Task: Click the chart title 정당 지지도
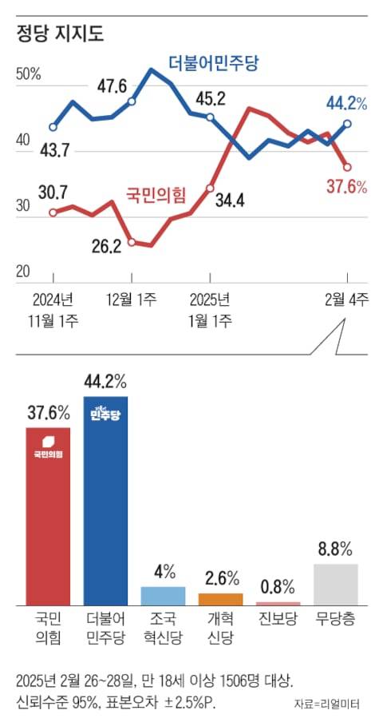pyautogui.click(x=60, y=34)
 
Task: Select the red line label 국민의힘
pyautogui.click(x=156, y=192)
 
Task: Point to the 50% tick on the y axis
pyautogui.click(x=29, y=74)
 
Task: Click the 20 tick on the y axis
pyautogui.click(x=24, y=272)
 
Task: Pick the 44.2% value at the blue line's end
pyautogui.click(x=345, y=103)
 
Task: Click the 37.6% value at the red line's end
pyautogui.click(x=346, y=187)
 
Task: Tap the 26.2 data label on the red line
pyautogui.click(x=106, y=247)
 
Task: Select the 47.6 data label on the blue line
pyautogui.click(x=113, y=85)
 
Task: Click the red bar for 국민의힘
pyautogui.click(x=48, y=515)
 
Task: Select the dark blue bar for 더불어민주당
pyautogui.click(x=105, y=499)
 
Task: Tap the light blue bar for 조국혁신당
pyautogui.click(x=162, y=596)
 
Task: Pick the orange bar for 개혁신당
pyautogui.click(x=220, y=599)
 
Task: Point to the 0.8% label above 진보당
pyautogui.click(x=278, y=585)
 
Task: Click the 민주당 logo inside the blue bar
pyautogui.click(x=105, y=413)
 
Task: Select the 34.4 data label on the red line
pyautogui.click(x=230, y=200)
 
